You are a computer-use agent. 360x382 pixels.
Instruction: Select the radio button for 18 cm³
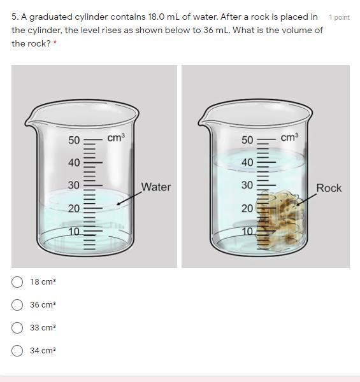pos(17,282)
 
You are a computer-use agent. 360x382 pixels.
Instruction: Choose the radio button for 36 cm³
pos(17,305)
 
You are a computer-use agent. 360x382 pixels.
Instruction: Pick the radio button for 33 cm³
pos(17,328)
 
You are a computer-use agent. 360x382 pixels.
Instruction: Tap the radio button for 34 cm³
pos(17,351)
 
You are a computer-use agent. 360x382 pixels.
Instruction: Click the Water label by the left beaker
pos(156,187)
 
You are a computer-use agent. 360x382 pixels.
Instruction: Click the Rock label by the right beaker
pos(329,188)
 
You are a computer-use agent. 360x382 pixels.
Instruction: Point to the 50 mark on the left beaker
pos(74,140)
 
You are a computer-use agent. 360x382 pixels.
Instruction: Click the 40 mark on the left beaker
pos(74,162)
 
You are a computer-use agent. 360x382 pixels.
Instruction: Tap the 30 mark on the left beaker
pos(74,185)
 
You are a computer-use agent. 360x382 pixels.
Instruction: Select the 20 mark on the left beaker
pos(74,209)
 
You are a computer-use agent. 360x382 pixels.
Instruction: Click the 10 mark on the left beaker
pos(74,232)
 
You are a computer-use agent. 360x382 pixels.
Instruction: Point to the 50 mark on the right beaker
pos(247,140)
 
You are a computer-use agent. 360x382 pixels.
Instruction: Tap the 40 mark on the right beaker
pos(247,162)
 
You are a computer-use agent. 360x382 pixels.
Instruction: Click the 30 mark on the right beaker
pos(247,185)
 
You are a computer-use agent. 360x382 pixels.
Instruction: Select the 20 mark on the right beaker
pos(247,209)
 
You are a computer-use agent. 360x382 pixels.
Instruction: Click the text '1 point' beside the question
pos(339,18)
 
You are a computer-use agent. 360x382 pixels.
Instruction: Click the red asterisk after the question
pos(55,43)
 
